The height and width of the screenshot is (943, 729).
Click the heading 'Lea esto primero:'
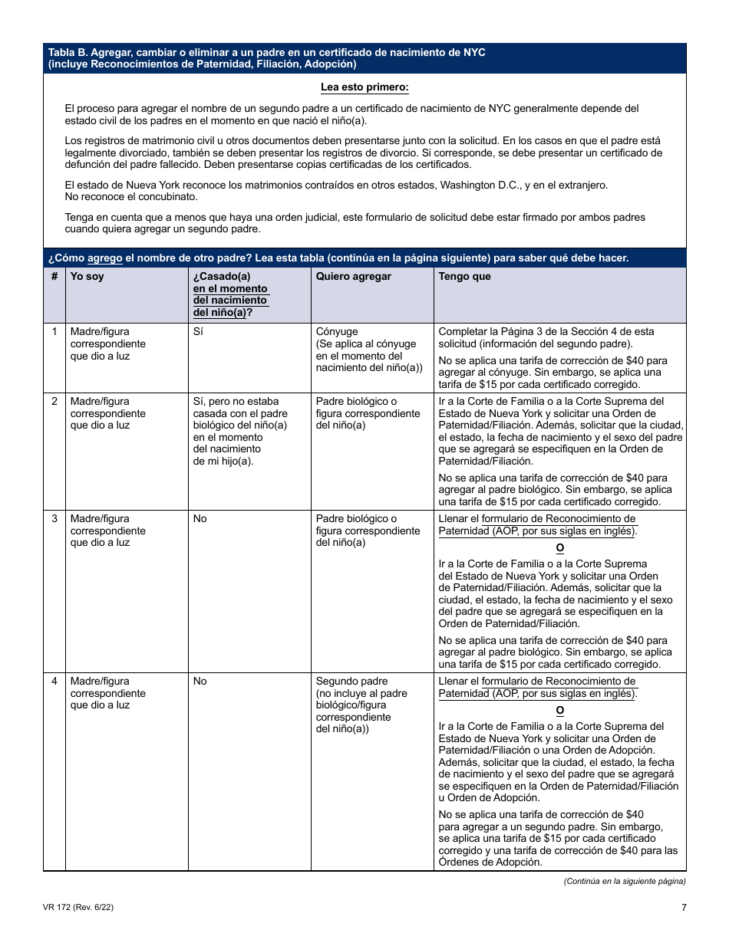click(x=364, y=87)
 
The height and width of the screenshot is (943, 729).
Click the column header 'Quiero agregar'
click(x=353, y=277)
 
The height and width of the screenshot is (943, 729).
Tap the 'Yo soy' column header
click(x=87, y=277)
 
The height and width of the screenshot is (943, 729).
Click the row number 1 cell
click(x=54, y=332)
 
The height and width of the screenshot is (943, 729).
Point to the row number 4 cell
click(x=54, y=682)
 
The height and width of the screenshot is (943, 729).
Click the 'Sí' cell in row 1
click(x=198, y=332)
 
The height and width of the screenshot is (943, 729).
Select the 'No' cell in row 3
click(x=200, y=519)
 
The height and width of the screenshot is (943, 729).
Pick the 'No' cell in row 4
click(x=200, y=682)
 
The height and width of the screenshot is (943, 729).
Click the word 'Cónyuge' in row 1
click(x=337, y=332)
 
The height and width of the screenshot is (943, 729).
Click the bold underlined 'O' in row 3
click(x=559, y=548)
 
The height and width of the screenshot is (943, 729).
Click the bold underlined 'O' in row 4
click(x=559, y=711)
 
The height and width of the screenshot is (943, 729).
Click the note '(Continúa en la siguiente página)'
click(x=625, y=881)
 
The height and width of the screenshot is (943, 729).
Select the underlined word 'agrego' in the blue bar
click(x=104, y=258)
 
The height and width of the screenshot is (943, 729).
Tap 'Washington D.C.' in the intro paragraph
click(x=483, y=186)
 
